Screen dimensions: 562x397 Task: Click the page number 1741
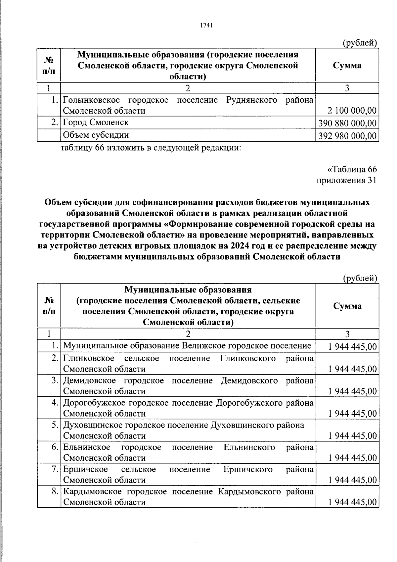tap(206, 26)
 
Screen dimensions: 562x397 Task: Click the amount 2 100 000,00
tap(352, 111)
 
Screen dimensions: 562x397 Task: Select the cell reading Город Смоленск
tap(96, 123)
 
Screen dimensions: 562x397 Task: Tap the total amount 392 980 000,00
tap(347, 136)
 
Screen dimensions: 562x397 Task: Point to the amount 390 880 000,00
tap(347, 123)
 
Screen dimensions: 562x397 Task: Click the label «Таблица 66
tap(352, 169)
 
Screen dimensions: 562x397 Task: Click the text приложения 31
tap(346, 180)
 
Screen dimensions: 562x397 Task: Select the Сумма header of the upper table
tap(347, 65)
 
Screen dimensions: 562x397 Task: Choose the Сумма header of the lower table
tap(347, 306)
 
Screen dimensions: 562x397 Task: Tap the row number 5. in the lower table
tap(55, 425)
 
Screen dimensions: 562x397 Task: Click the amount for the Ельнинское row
tap(352, 458)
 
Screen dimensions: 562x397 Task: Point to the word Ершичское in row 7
tap(85, 469)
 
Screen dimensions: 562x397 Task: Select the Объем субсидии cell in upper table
tap(96, 135)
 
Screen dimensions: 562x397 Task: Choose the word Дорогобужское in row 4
tap(94, 403)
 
